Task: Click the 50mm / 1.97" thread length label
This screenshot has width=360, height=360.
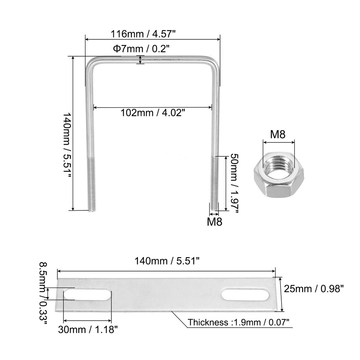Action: (x=234, y=184)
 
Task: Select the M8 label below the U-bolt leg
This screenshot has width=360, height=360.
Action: (x=214, y=222)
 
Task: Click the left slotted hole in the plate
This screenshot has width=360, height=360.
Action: (x=87, y=295)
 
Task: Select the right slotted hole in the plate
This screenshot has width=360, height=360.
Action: (x=245, y=294)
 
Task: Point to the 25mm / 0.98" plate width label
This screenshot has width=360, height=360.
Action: (x=314, y=289)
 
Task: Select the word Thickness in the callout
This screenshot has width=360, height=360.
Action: (x=207, y=322)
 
